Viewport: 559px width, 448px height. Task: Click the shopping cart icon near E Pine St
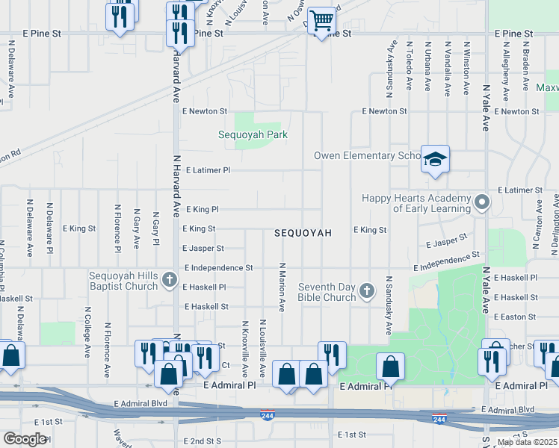point(321,21)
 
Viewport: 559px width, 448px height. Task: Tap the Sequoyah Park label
point(253,134)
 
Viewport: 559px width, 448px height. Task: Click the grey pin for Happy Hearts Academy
point(482,202)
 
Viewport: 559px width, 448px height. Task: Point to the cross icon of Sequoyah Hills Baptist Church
point(170,280)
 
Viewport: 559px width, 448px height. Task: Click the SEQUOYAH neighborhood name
point(303,233)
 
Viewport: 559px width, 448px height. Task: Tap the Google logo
point(25,438)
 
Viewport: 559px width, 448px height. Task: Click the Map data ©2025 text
point(528,442)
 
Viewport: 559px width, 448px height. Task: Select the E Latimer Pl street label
point(206,170)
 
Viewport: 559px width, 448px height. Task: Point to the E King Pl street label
point(200,210)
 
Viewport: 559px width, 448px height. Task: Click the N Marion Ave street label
point(282,287)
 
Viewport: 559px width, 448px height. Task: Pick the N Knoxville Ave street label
point(244,349)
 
